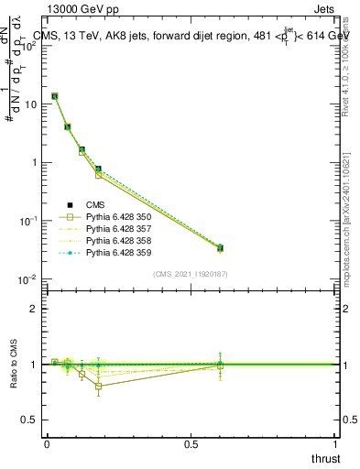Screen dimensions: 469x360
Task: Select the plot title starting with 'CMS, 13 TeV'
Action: point(191,36)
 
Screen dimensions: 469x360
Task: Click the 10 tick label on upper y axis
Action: point(31,104)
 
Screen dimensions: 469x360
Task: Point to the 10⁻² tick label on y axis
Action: point(28,279)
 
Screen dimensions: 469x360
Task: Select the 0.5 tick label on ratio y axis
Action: point(29,420)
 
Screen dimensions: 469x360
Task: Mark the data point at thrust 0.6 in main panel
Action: point(220,248)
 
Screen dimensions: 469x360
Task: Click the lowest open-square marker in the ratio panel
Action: point(98,386)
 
